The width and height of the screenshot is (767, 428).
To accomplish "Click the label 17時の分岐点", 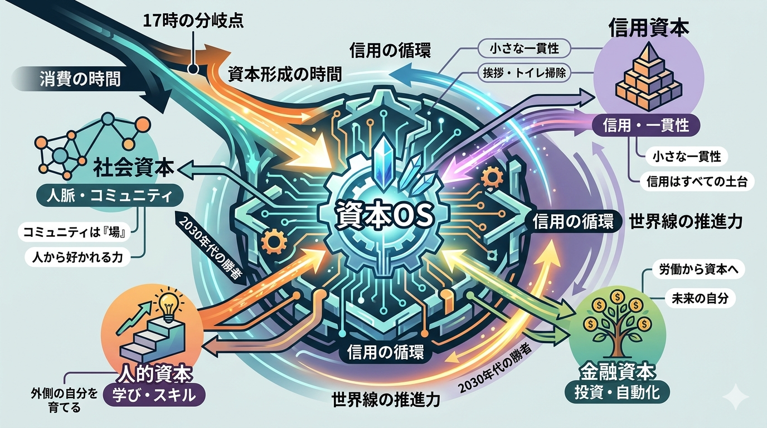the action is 193,21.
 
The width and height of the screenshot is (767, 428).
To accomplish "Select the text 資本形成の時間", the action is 285,74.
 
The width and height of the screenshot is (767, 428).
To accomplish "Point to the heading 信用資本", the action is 649,28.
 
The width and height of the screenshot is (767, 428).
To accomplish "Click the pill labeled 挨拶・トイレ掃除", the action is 524,72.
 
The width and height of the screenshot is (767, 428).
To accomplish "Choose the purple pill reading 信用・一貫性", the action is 646,125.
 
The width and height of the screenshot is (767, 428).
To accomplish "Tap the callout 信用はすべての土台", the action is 697,182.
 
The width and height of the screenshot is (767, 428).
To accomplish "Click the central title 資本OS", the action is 384,216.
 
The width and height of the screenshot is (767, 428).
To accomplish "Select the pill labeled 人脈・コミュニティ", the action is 110,196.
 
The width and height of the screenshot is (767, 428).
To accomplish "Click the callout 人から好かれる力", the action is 77,257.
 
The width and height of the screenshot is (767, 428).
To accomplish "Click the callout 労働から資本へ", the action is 697,270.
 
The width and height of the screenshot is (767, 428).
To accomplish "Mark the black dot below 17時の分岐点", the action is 193,69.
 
